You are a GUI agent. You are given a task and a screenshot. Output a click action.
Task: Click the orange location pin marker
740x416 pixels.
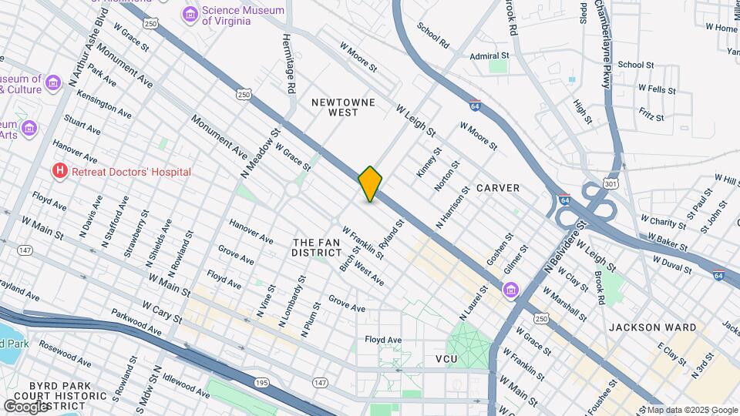pyautogui.click(x=370, y=184)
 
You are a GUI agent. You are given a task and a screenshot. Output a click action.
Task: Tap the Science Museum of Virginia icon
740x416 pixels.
pyautogui.click(x=189, y=15)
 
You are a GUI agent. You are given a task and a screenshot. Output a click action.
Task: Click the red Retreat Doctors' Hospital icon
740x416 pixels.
pyautogui.click(x=59, y=171)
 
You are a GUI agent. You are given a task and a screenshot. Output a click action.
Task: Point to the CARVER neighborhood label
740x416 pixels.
pyautogui.click(x=497, y=188)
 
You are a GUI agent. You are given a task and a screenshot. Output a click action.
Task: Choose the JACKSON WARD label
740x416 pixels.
pyautogui.click(x=642, y=327)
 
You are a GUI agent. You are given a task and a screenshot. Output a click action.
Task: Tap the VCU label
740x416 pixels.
pyautogui.click(x=446, y=360)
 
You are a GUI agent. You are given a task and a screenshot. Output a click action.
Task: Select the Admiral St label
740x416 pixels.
pyautogui.click(x=490, y=56)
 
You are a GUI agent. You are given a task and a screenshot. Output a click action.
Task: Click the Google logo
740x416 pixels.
pyautogui.click(x=26, y=406)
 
